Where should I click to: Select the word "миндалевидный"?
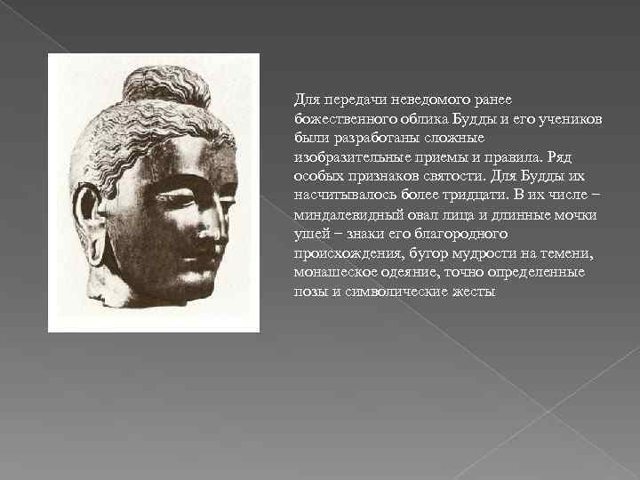[x=344, y=215]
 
